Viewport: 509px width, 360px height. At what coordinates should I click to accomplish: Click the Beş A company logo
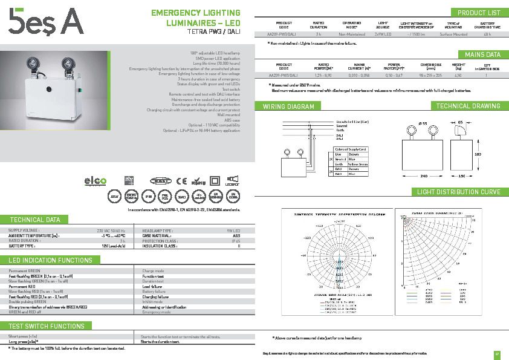coord(45,23)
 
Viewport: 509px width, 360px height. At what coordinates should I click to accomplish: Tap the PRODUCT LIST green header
coord(478,13)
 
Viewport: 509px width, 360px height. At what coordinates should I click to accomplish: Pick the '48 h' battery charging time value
coord(487,34)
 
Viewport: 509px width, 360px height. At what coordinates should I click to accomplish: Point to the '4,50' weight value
coord(458,76)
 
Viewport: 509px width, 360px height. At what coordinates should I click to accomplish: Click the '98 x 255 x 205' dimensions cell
coord(430,76)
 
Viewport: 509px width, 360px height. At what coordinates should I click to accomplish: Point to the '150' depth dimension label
coord(462,175)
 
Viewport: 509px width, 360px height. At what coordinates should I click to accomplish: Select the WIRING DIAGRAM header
coord(288,106)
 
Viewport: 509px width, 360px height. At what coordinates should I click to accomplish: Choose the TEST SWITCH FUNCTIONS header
coord(47,326)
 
